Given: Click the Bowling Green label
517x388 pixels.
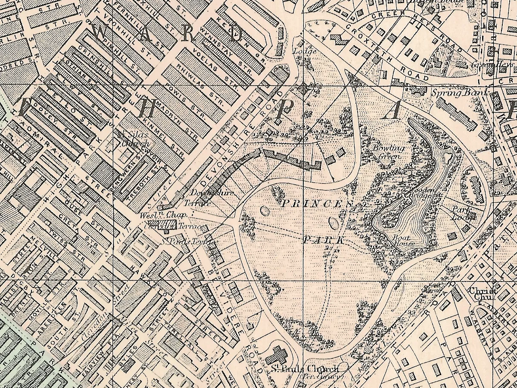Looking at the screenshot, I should (389, 152).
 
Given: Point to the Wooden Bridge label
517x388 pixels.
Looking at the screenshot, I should (413, 191).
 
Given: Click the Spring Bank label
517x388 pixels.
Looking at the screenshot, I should (459, 92).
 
